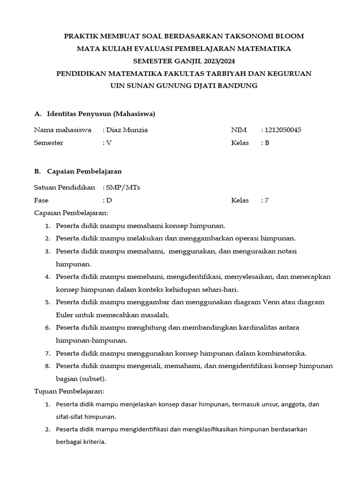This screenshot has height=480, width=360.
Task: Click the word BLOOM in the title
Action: coord(286,36)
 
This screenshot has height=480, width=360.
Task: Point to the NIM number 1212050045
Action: coord(283,130)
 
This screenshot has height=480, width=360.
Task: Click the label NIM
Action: coord(239,130)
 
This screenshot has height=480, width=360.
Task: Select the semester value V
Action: coord(109,143)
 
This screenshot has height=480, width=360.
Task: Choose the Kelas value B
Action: coord(267,143)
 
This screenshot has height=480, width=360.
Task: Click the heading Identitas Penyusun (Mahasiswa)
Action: coord(101,113)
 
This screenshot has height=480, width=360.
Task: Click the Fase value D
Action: coord(109,201)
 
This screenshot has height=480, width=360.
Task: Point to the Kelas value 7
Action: coord(267,201)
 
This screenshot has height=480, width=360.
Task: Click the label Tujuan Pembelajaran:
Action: coord(69,391)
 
